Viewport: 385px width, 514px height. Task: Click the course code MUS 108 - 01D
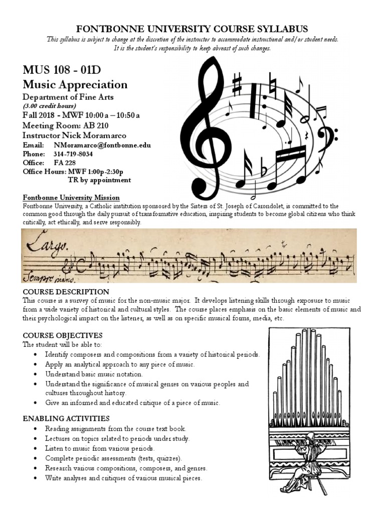[65, 69]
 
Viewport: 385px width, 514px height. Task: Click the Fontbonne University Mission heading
[71, 198]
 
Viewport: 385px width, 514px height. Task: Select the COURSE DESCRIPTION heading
[66, 292]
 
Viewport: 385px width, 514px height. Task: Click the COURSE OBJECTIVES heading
[63, 335]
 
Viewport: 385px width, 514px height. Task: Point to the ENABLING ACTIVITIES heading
[66, 419]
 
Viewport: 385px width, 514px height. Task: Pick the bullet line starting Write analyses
[123, 478]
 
